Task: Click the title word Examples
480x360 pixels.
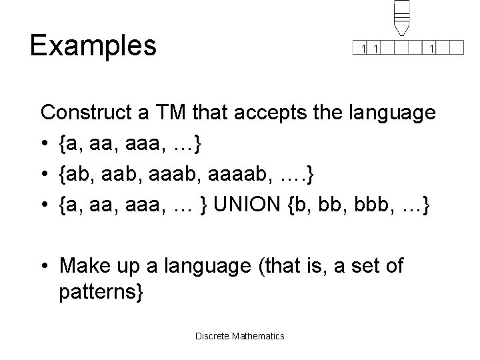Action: point(93,45)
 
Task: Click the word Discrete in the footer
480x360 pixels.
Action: point(212,335)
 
